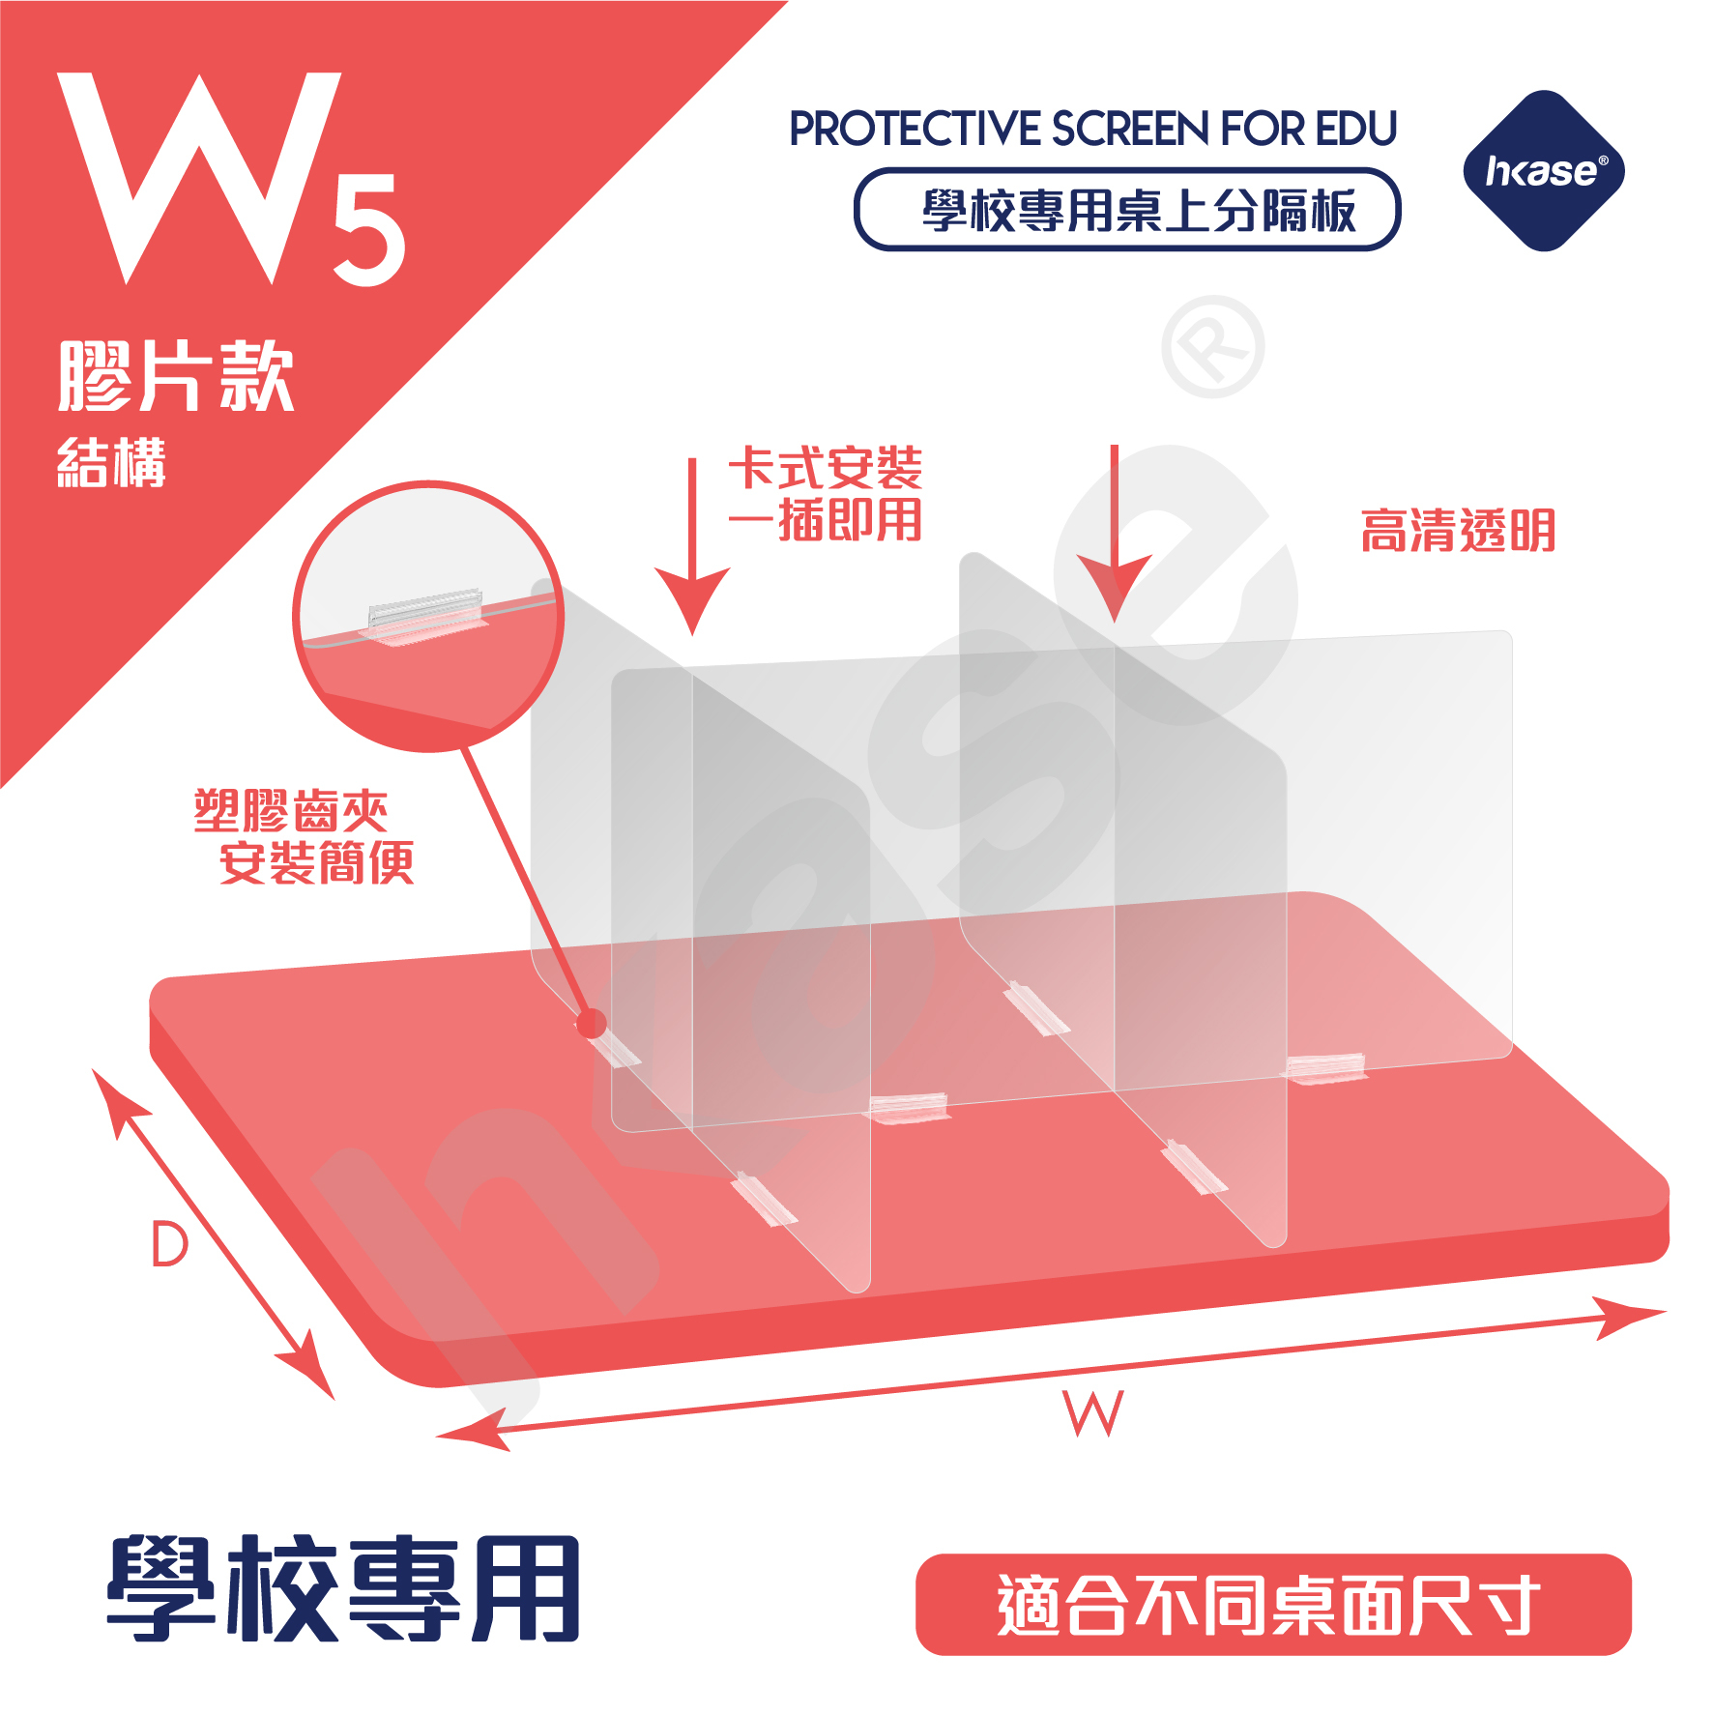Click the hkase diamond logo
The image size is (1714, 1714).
1544,171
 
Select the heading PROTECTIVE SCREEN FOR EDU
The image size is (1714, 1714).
1092,129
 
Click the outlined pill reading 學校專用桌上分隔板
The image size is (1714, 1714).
1126,210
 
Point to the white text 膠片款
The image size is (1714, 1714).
176,376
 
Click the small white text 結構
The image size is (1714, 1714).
111,463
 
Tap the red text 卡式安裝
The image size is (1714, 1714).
825,468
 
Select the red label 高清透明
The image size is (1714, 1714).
1458,531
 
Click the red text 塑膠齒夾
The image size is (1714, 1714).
291,810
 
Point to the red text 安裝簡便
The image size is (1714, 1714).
316,862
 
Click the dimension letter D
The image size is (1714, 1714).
169,1244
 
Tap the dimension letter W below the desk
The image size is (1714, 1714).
1093,1413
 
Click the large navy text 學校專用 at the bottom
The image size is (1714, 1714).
343,1590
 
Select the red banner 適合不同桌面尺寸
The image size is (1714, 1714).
1272,1606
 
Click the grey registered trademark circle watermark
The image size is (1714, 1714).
1212,347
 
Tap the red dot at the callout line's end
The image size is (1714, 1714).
591,1022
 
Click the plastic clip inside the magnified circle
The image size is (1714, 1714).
424,616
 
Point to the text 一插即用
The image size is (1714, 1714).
825,521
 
